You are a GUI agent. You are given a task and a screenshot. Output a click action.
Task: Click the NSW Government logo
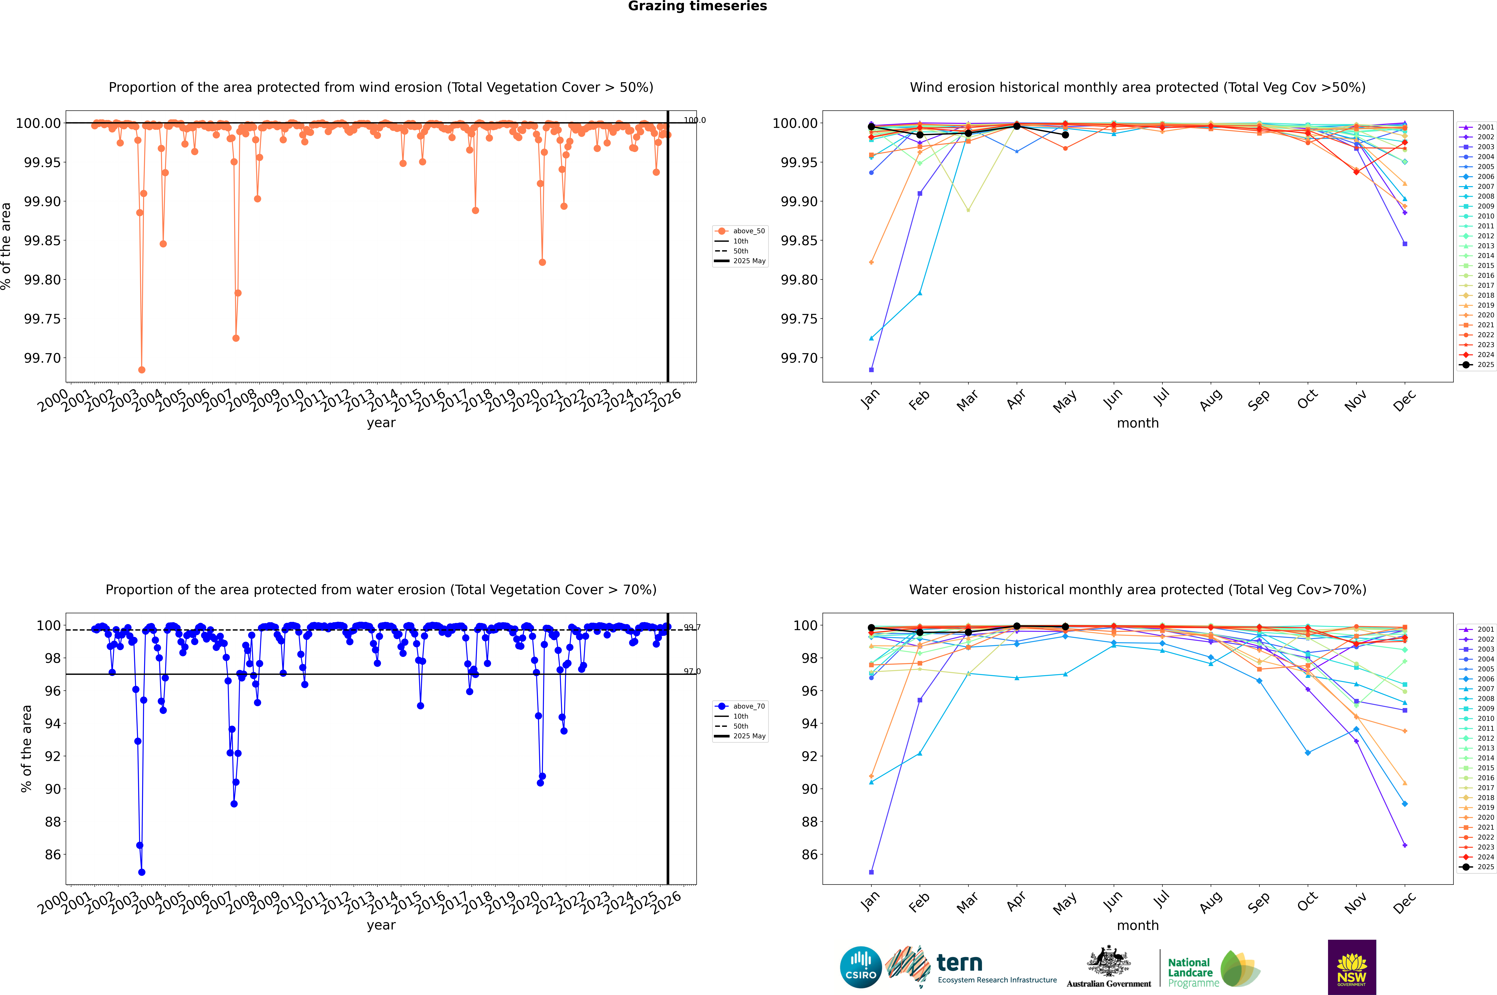[1352, 967]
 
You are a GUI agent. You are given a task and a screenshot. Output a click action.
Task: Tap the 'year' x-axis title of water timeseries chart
[381, 925]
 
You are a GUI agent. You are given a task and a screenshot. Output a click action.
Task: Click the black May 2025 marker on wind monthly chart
[1065, 135]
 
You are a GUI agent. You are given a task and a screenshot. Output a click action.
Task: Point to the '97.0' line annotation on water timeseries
[692, 671]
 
